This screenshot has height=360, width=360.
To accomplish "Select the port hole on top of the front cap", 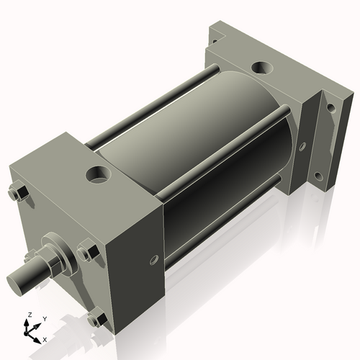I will [x=96, y=174].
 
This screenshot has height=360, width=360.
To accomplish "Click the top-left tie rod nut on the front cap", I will [x=20, y=192].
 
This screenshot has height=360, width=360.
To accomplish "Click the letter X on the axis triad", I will [x=45, y=338].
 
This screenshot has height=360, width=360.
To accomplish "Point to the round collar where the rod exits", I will [x=57, y=248].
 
